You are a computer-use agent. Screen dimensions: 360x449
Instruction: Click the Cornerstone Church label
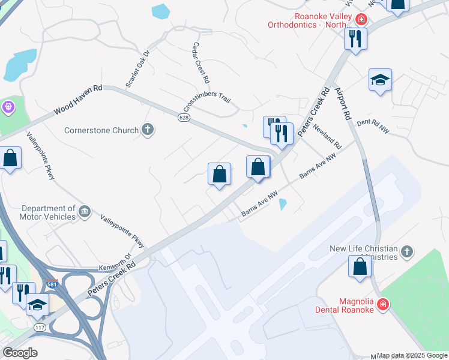tap(101, 130)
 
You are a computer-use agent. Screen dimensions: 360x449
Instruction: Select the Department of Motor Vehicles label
tap(47, 212)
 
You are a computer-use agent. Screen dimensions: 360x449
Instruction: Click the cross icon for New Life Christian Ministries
tap(406, 251)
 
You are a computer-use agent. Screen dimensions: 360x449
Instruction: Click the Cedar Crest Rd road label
tap(200, 62)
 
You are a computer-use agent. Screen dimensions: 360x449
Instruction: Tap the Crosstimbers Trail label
tap(207, 101)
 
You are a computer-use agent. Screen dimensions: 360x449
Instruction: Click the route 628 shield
tap(184, 118)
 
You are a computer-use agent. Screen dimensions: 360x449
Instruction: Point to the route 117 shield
tap(40, 327)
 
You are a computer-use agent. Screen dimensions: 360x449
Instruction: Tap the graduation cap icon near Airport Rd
tap(380, 80)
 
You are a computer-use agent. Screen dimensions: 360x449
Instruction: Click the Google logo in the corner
tap(19, 353)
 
